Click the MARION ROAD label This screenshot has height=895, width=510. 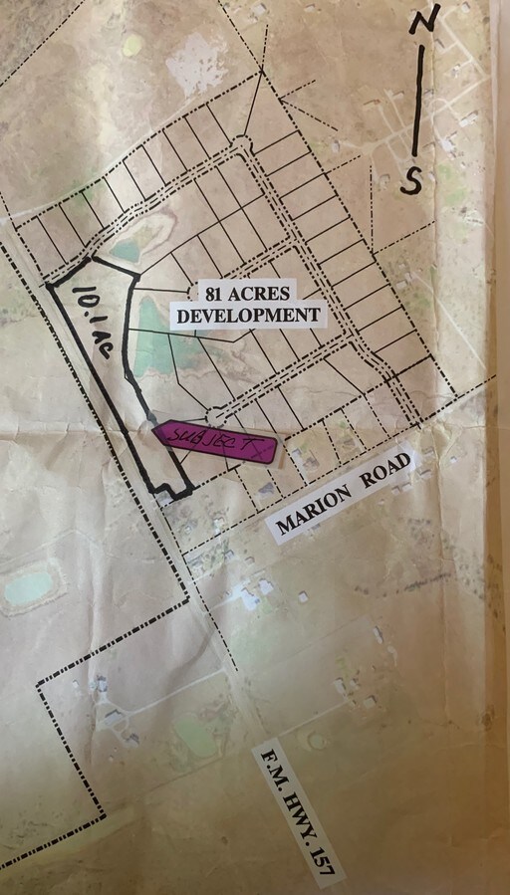pos(343,495)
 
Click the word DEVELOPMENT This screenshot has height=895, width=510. pos(248,316)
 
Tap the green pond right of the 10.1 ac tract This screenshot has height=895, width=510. pos(149,334)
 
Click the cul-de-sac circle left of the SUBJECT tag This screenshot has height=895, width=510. pos(215,413)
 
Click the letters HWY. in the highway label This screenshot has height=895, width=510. pos(300,813)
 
